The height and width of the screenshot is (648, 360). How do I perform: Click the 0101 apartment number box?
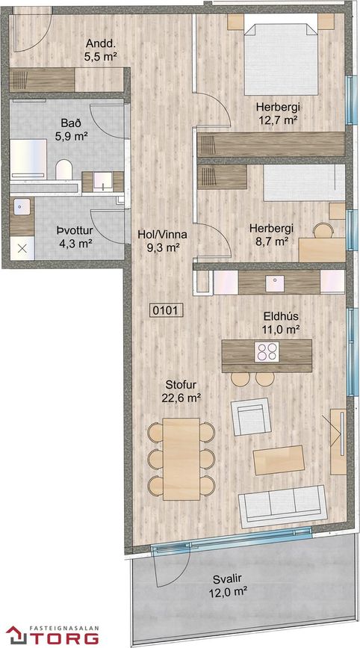coord(165,310)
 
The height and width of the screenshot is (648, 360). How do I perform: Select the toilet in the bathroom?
coord(64,170)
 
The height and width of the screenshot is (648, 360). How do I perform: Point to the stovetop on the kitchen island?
coord(267,352)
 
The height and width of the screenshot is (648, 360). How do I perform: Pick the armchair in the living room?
coord(251,416)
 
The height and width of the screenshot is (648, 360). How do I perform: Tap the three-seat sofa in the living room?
coord(283,506)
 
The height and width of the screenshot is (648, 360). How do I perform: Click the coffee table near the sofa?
coord(279,460)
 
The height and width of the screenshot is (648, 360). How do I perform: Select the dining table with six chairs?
coord(181,459)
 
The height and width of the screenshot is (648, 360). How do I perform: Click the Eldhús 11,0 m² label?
coord(281,323)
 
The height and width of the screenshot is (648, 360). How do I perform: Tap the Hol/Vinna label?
coord(162,235)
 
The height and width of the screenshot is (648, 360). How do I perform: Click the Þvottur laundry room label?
coord(75,236)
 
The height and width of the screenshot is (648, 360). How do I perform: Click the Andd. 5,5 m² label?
coord(99,49)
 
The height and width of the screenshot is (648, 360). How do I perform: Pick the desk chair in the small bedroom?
coord(323,230)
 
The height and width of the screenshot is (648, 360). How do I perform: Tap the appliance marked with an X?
coord(22,248)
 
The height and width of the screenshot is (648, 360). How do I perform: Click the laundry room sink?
coord(22,206)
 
